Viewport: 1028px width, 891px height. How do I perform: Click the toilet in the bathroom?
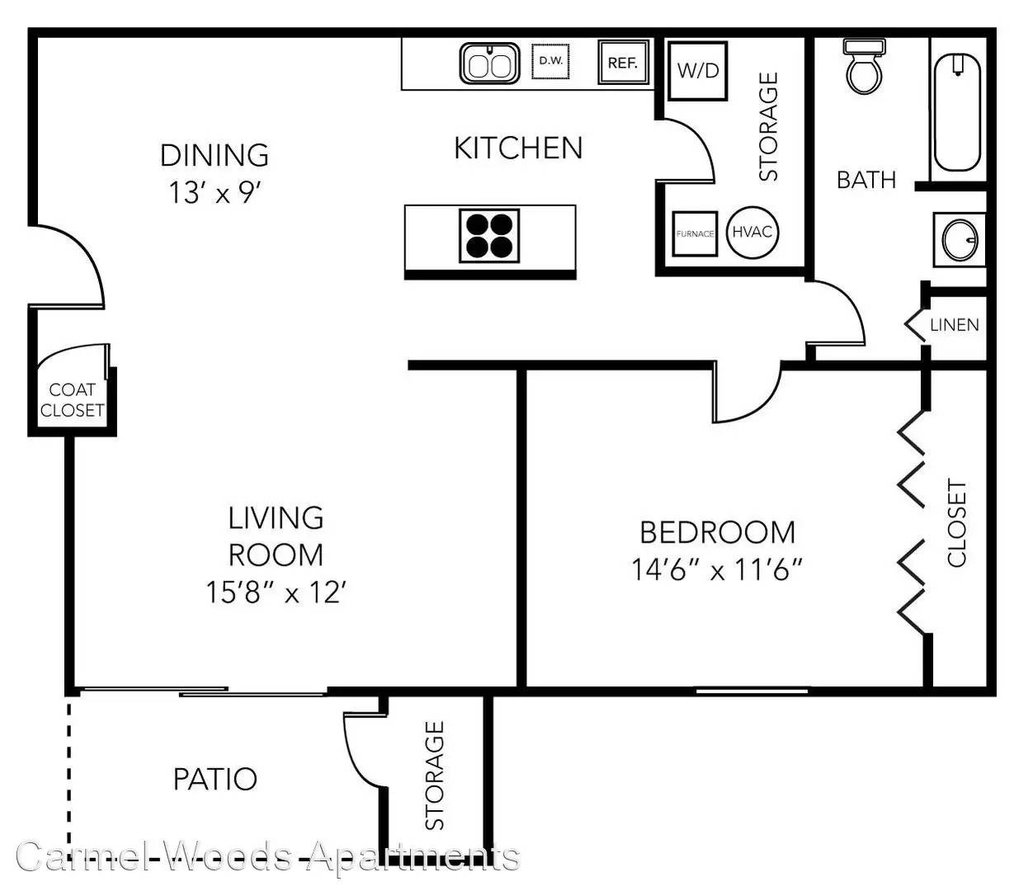[x=865, y=67]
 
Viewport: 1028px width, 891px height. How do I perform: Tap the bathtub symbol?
[x=958, y=112]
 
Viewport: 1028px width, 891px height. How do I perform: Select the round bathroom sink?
[x=960, y=240]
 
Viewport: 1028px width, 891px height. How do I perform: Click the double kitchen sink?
[x=490, y=64]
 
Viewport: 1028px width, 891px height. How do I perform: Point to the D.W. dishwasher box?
[x=550, y=62]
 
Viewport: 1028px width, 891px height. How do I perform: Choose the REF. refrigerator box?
[x=624, y=62]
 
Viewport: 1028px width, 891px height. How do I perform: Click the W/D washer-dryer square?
[x=698, y=71]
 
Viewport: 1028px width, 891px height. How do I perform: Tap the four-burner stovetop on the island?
[x=489, y=235]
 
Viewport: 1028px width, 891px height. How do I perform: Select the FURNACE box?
[x=695, y=233]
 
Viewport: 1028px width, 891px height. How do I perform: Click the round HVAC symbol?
[x=752, y=232]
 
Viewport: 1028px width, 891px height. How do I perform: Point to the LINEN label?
[x=955, y=325]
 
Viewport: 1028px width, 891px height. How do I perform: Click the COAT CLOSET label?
[x=72, y=400]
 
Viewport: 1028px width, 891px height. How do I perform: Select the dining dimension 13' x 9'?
[x=215, y=192]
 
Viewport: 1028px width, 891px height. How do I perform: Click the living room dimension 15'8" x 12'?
[x=276, y=592]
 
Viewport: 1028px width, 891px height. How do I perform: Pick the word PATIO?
[x=215, y=779]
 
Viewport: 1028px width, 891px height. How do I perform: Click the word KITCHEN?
[x=518, y=148]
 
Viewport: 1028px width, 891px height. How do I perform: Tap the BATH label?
[x=866, y=180]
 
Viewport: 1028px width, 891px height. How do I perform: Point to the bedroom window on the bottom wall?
[x=752, y=691]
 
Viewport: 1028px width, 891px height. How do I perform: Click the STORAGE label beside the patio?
[x=434, y=775]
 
